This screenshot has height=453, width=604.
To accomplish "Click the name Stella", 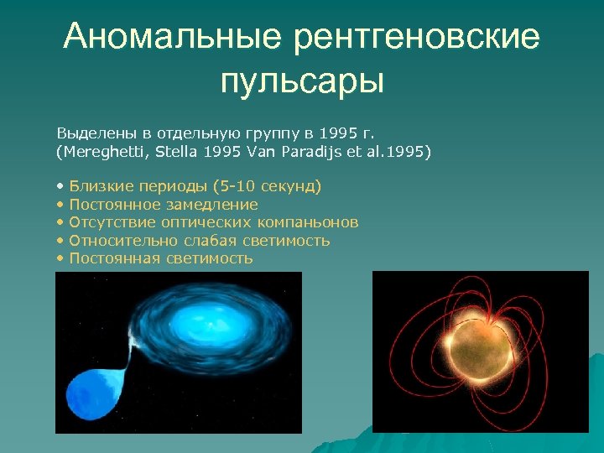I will point(171,152).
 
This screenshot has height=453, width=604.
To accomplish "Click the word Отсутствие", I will point(107,222).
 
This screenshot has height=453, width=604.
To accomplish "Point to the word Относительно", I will point(114,241).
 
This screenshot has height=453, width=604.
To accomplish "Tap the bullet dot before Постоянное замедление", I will point(60,205).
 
